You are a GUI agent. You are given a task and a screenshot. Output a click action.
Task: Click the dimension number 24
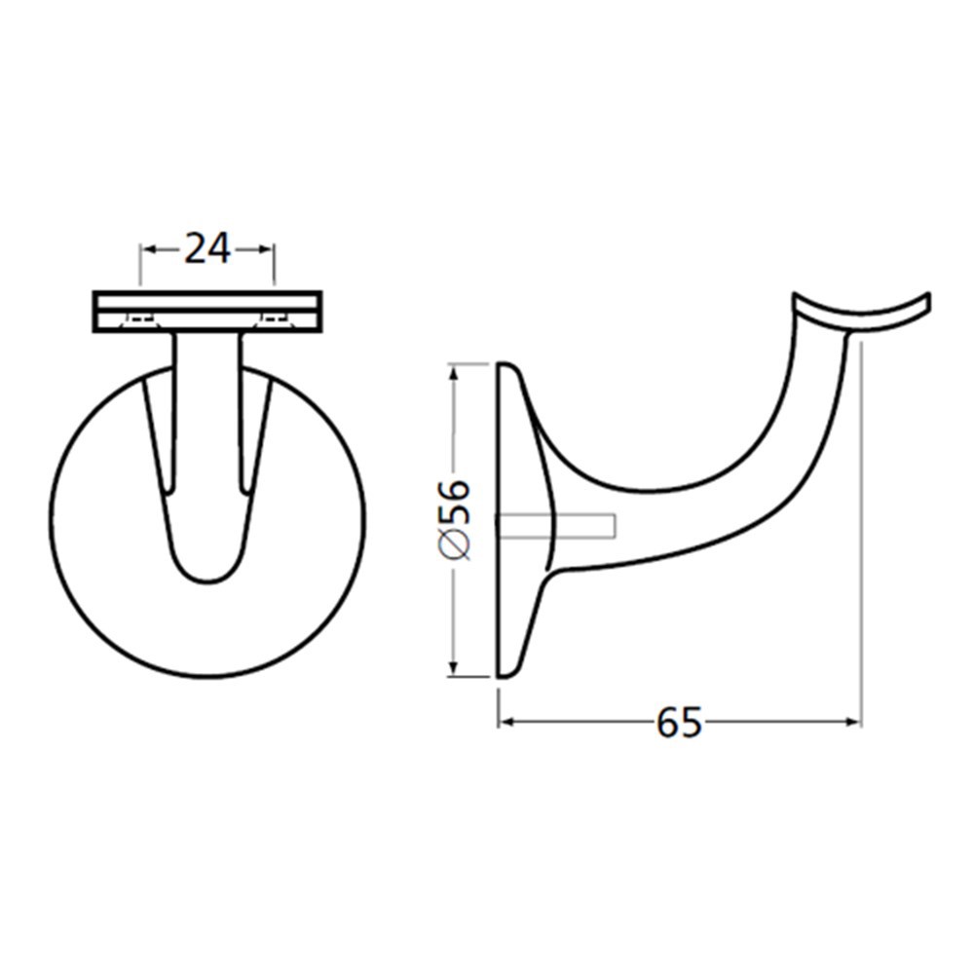(x=207, y=250)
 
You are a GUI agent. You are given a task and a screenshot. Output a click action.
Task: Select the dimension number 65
(x=679, y=723)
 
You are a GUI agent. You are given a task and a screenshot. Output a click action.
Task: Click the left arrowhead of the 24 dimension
(x=149, y=250)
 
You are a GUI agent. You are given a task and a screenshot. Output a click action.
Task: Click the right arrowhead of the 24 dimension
(x=268, y=250)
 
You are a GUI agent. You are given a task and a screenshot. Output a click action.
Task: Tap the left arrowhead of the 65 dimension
(x=506, y=722)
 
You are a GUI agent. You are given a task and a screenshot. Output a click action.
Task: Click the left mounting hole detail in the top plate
(x=136, y=318)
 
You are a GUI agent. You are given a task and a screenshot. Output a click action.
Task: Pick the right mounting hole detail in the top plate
(x=277, y=318)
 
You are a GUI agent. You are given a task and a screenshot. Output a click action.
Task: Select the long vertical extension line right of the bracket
(x=862, y=536)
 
